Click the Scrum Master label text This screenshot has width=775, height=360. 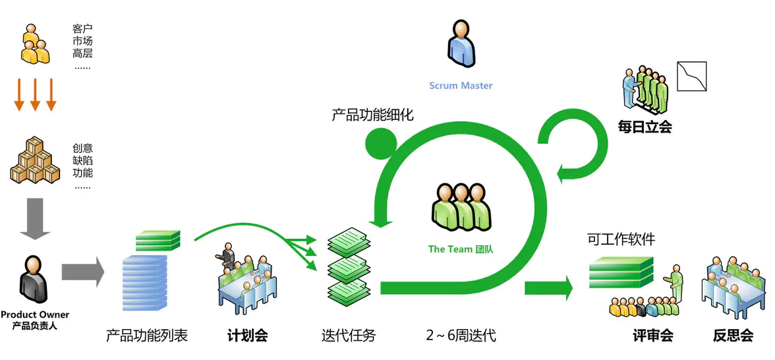[x=461, y=86]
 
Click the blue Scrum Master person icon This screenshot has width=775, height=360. [x=461, y=44]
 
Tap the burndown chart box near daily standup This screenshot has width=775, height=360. [x=691, y=76]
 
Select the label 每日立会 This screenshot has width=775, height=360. [x=645, y=127]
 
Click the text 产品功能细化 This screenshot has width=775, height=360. [x=372, y=114]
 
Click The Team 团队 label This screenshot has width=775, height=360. [x=461, y=249]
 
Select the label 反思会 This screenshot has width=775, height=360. [x=733, y=336]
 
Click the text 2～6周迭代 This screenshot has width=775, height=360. [x=461, y=336]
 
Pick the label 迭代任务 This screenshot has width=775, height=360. [x=349, y=336]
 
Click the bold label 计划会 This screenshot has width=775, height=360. [x=247, y=336]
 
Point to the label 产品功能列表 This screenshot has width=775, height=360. [x=147, y=336]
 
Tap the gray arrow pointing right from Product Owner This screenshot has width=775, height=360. [x=82, y=272]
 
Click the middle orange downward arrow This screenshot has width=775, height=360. [x=36, y=94]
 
